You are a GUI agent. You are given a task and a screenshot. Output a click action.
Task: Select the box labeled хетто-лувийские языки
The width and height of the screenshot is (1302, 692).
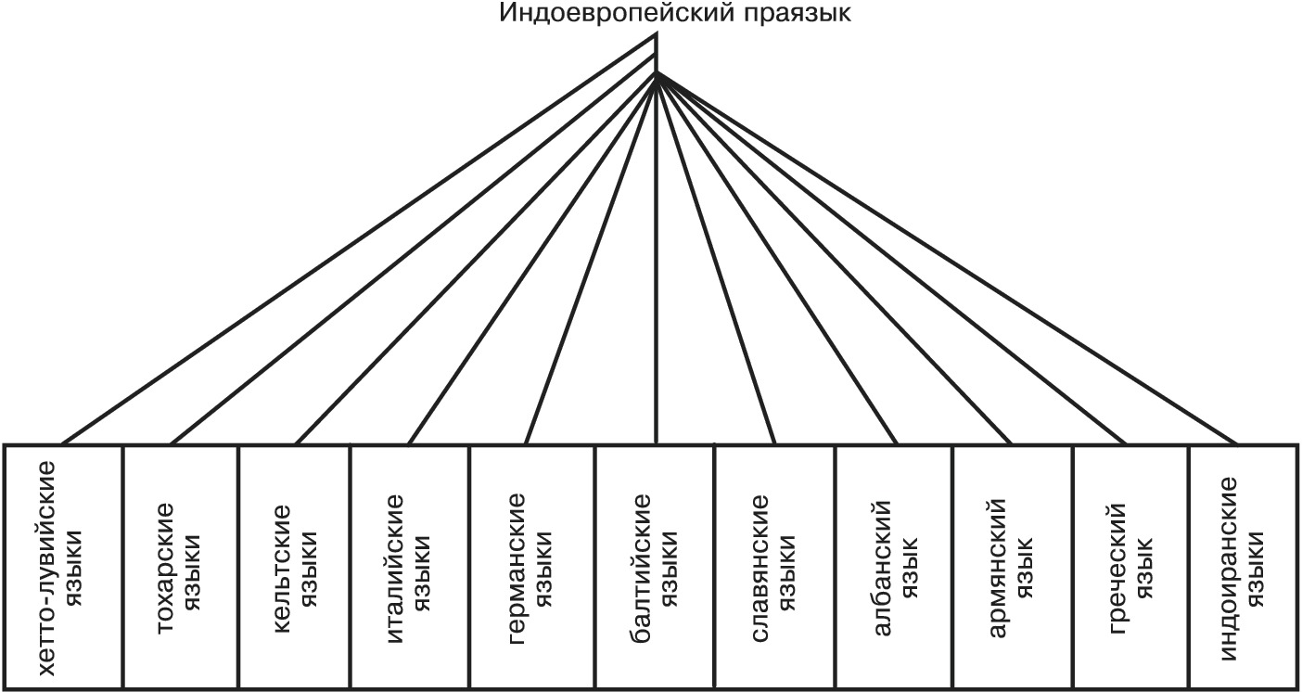[63, 568]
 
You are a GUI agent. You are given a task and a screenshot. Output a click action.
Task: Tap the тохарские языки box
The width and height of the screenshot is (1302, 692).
[180, 568]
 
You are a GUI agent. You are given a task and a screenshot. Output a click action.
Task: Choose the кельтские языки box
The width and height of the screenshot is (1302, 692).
[294, 568]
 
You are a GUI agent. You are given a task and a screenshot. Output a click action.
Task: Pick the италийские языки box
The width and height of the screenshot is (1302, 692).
[410, 568]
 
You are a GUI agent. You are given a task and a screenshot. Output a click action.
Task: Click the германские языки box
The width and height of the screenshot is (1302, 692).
[532, 568]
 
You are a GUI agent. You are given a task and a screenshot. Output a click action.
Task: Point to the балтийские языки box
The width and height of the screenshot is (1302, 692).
[655, 568]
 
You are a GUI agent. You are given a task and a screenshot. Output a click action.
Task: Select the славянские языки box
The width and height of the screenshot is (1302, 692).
[775, 568]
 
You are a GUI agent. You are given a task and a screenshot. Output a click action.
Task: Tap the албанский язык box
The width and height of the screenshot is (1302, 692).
[895, 568]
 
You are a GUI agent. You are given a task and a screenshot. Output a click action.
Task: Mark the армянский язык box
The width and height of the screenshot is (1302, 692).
[1013, 568]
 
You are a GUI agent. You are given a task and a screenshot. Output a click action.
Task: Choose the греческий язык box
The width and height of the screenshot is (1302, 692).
[1131, 568]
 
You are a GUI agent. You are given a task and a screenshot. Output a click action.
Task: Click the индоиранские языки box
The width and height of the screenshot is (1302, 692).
[1244, 568]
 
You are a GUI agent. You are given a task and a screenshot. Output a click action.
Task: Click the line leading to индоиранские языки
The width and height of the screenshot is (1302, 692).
[947, 259]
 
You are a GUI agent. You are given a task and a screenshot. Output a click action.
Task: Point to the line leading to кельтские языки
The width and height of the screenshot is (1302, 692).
[476, 259]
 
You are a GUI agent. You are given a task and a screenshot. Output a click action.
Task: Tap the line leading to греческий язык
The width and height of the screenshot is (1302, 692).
[892, 259]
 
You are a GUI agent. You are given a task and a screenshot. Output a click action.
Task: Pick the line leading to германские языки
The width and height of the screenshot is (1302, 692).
[591, 259]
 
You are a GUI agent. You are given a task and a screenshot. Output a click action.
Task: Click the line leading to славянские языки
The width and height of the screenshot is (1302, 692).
[716, 259]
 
